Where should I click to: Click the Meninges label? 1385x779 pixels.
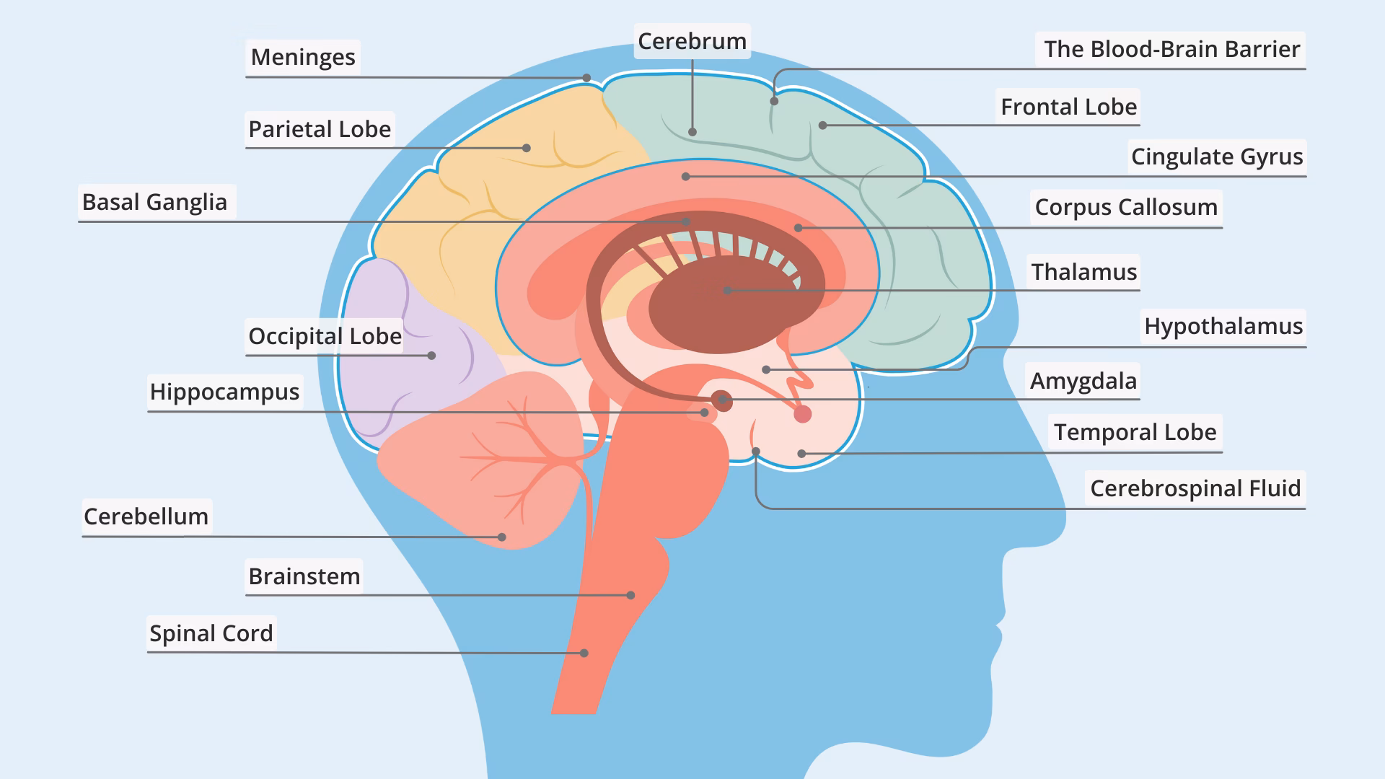pos(303,57)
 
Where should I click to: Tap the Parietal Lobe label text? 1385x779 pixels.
pos(320,129)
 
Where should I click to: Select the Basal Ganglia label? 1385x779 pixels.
pos(154,202)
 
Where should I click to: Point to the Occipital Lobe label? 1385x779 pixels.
pos(325,336)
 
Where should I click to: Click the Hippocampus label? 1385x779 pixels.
pos(224,392)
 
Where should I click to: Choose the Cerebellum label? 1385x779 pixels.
pos(146,516)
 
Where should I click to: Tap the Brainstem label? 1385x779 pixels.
pos(304,576)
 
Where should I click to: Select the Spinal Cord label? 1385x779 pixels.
pos(211,633)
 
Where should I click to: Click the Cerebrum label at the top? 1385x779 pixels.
pos(692,41)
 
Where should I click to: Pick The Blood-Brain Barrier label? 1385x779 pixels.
pos(1171,49)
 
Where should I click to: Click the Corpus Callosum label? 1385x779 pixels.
pos(1125,207)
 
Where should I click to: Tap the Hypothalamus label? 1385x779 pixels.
pos(1223,326)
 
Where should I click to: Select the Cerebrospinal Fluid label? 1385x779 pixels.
pos(1195,488)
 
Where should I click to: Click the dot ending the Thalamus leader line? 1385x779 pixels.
pos(727,290)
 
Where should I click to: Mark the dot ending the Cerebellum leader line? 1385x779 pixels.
pos(502,537)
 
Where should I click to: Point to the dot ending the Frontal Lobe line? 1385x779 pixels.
pos(822,126)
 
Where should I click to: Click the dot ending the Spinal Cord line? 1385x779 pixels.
pos(584,653)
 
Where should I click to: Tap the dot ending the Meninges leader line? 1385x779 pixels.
pos(587,78)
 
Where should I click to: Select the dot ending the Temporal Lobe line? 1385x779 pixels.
pos(801,454)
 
